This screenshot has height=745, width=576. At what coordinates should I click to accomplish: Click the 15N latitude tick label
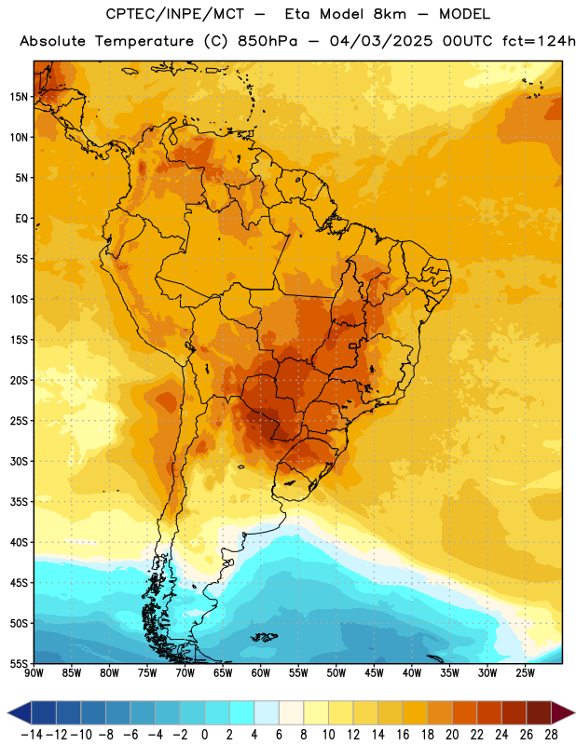tap(19, 97)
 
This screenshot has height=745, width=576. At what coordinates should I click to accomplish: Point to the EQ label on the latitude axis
tap(21, 219)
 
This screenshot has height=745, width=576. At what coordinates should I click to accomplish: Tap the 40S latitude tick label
tap(19, 542)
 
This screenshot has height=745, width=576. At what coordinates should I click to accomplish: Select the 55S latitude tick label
tap(19, 663)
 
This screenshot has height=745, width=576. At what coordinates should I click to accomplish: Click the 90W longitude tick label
tap(34, 673)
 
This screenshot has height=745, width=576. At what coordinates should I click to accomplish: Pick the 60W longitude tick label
tap(261, 673)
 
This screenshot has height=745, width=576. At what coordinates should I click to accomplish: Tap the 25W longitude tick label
tap(525, 673)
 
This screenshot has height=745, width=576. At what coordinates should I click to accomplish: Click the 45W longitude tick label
tap(374, 673)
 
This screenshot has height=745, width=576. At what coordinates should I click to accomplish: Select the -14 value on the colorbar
tap(32, 735)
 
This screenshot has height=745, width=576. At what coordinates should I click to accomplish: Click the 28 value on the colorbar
tap(551, 735)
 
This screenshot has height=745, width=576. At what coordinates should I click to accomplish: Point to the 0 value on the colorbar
tap(204, 735)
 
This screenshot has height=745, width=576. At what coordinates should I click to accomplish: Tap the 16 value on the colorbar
tap(403, 735)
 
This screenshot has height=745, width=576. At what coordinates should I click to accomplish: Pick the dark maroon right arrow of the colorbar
tap(563, 712)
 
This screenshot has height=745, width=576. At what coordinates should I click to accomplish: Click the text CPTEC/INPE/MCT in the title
tap(174, 14)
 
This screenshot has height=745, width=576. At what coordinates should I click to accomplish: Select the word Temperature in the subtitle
tap(144, 41)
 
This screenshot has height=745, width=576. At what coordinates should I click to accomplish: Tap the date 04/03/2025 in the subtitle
tap(381, 41)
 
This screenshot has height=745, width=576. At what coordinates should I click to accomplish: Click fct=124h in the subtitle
tap(539, 41)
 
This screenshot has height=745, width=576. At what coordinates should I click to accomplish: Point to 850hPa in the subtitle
tap(267, 41)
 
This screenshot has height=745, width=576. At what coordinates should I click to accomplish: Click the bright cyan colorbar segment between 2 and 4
tap(241, 712)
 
